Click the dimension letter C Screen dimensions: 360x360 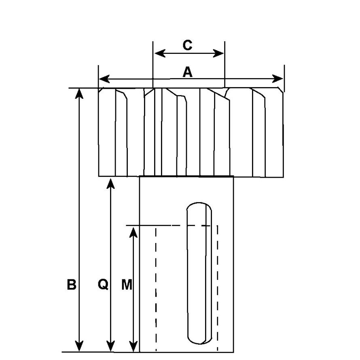pos(187,45)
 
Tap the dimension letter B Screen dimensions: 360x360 pos(72,285)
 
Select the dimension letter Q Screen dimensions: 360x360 pos(103,285)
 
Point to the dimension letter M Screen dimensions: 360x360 pos(127,285)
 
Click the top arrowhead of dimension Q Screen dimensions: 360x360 pos(110,183)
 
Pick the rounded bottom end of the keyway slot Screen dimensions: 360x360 pos(199,339)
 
